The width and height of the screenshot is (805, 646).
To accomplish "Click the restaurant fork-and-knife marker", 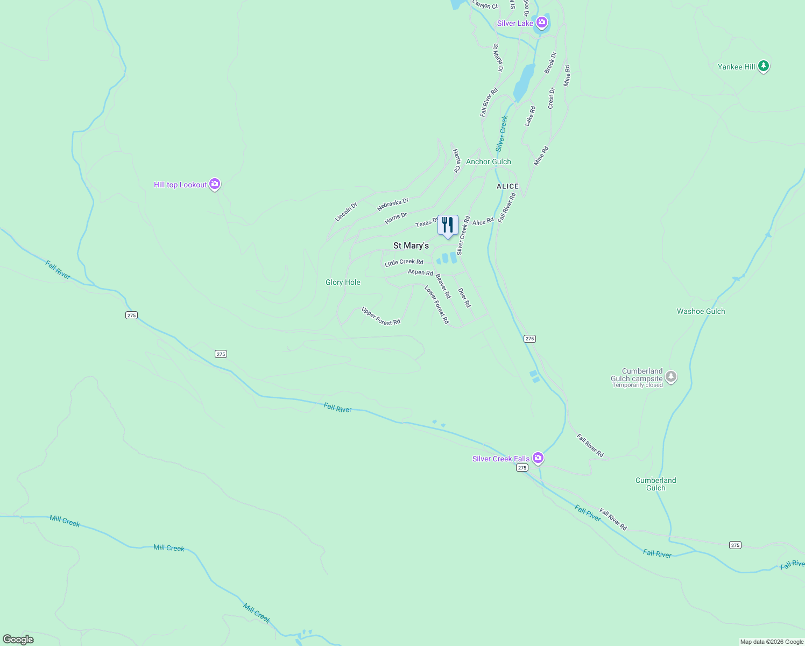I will coord(448,225).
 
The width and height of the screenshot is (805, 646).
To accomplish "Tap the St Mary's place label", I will coord(411,245).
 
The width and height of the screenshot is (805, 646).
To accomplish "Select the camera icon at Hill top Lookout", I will coord(215,184).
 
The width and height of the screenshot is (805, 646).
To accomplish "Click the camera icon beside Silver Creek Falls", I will coord(538,458).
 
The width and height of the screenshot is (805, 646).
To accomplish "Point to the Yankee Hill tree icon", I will coord(763,66).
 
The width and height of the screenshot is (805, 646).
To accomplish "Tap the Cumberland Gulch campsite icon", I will coord(670,377).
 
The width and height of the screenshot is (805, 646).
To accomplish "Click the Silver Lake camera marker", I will coord(542,23).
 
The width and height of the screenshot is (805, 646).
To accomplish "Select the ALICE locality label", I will coord(507,186).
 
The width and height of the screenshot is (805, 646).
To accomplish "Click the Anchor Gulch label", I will coord(489,161).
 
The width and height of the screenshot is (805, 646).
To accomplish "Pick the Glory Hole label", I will coord(343,282).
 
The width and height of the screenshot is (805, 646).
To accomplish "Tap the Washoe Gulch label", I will coord(701,311).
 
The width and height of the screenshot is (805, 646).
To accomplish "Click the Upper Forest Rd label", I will coord(381,316).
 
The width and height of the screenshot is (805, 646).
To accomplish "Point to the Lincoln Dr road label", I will coord(346,212).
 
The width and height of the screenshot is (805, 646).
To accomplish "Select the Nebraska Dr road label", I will coord(393,204).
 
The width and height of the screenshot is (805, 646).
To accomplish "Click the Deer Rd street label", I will coord(464,297).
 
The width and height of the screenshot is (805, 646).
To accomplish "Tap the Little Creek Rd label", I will coord(404,263).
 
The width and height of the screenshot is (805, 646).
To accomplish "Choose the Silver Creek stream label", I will coord(502,133).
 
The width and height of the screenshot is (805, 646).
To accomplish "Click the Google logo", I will coord(18,639).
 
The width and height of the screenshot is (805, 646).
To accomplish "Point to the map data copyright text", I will coord(772,642).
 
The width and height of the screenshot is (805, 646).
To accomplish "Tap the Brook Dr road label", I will coord(550,62).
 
